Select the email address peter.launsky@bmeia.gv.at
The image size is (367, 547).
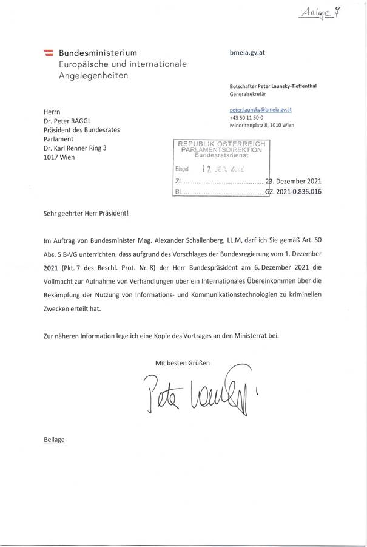pos(261,109)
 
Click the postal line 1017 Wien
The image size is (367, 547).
pos(60,157)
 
